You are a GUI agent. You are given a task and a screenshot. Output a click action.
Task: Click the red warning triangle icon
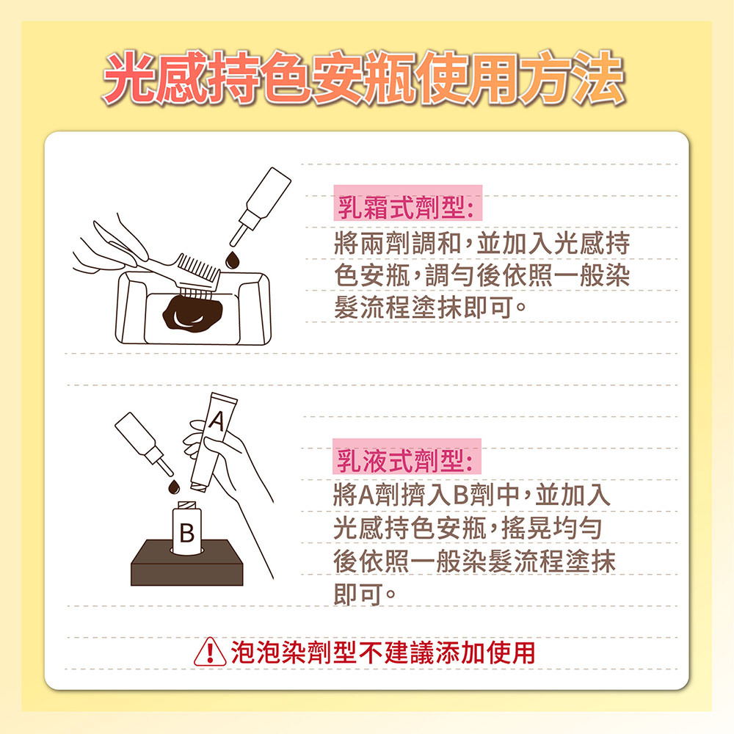coord(210,652)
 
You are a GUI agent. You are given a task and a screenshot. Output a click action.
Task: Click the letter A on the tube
coord(217,421)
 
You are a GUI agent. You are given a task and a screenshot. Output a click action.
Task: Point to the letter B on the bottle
coord(186,532)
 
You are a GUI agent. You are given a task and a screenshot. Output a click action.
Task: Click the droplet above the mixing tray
coord(232,261)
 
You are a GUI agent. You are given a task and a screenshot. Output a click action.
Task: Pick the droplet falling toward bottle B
coord(174,487)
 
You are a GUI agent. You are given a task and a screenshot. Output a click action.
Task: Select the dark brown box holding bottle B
coord(186,563)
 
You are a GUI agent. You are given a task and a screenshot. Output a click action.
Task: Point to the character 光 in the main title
coord(130,78)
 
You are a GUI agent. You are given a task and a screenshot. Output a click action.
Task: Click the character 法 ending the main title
coord(597,78)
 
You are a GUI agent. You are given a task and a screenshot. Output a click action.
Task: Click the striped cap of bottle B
coord(187,506)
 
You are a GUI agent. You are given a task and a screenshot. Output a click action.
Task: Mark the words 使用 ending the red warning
coord(511,652)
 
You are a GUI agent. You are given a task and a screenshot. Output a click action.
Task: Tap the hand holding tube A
coord(225,468)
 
